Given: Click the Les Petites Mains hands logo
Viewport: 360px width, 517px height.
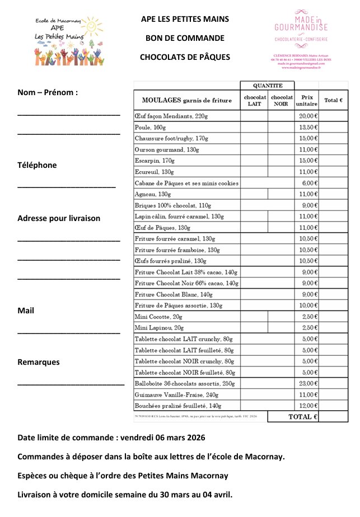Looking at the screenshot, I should (59, 38).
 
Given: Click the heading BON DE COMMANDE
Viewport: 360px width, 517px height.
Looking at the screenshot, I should (185, 38).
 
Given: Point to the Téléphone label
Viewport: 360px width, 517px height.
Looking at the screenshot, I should (37, 165).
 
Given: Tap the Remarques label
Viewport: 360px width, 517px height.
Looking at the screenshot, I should (39, 362).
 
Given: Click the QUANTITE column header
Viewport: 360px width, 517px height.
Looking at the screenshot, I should (268, 86).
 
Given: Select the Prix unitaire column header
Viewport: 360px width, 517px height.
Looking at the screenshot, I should (306, 100).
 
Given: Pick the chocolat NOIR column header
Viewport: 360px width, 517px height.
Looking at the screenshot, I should (282, 100).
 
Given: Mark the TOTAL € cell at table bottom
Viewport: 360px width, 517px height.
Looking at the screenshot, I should (302, 417).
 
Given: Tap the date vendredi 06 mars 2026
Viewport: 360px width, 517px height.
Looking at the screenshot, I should (166, 437).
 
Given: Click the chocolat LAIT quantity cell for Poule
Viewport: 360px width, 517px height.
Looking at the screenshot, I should (254, 128).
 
